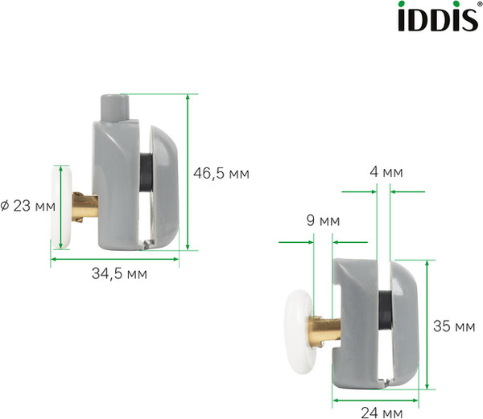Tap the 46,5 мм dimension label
pos(222,173)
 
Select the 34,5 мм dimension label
pos(118,273)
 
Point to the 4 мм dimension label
pos(382,172)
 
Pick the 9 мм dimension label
pos(323,220)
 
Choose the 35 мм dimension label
pos(452,327)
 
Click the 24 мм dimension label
pos(381,413)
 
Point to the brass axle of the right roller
pos(324,327)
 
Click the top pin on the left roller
pos(115,106)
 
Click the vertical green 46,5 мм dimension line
pos(188,172)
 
